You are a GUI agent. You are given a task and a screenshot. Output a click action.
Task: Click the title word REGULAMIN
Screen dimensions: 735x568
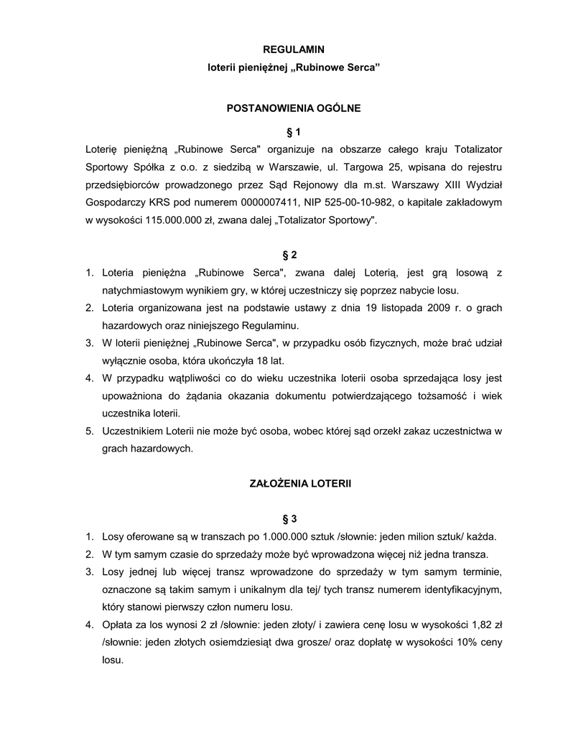[x=293, y=50]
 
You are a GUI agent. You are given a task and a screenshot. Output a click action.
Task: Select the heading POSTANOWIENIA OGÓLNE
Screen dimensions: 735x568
[x=293, y=108]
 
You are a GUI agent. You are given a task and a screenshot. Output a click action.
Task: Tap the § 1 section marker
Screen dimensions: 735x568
[x=293, y=131]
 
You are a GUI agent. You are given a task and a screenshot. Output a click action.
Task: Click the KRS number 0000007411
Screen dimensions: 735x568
[x=261, y=203]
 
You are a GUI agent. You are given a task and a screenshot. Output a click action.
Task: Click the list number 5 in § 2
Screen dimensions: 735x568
[x=89, y=431]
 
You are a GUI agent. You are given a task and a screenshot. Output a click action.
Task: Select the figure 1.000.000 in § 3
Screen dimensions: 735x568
[x=286, y=536]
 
